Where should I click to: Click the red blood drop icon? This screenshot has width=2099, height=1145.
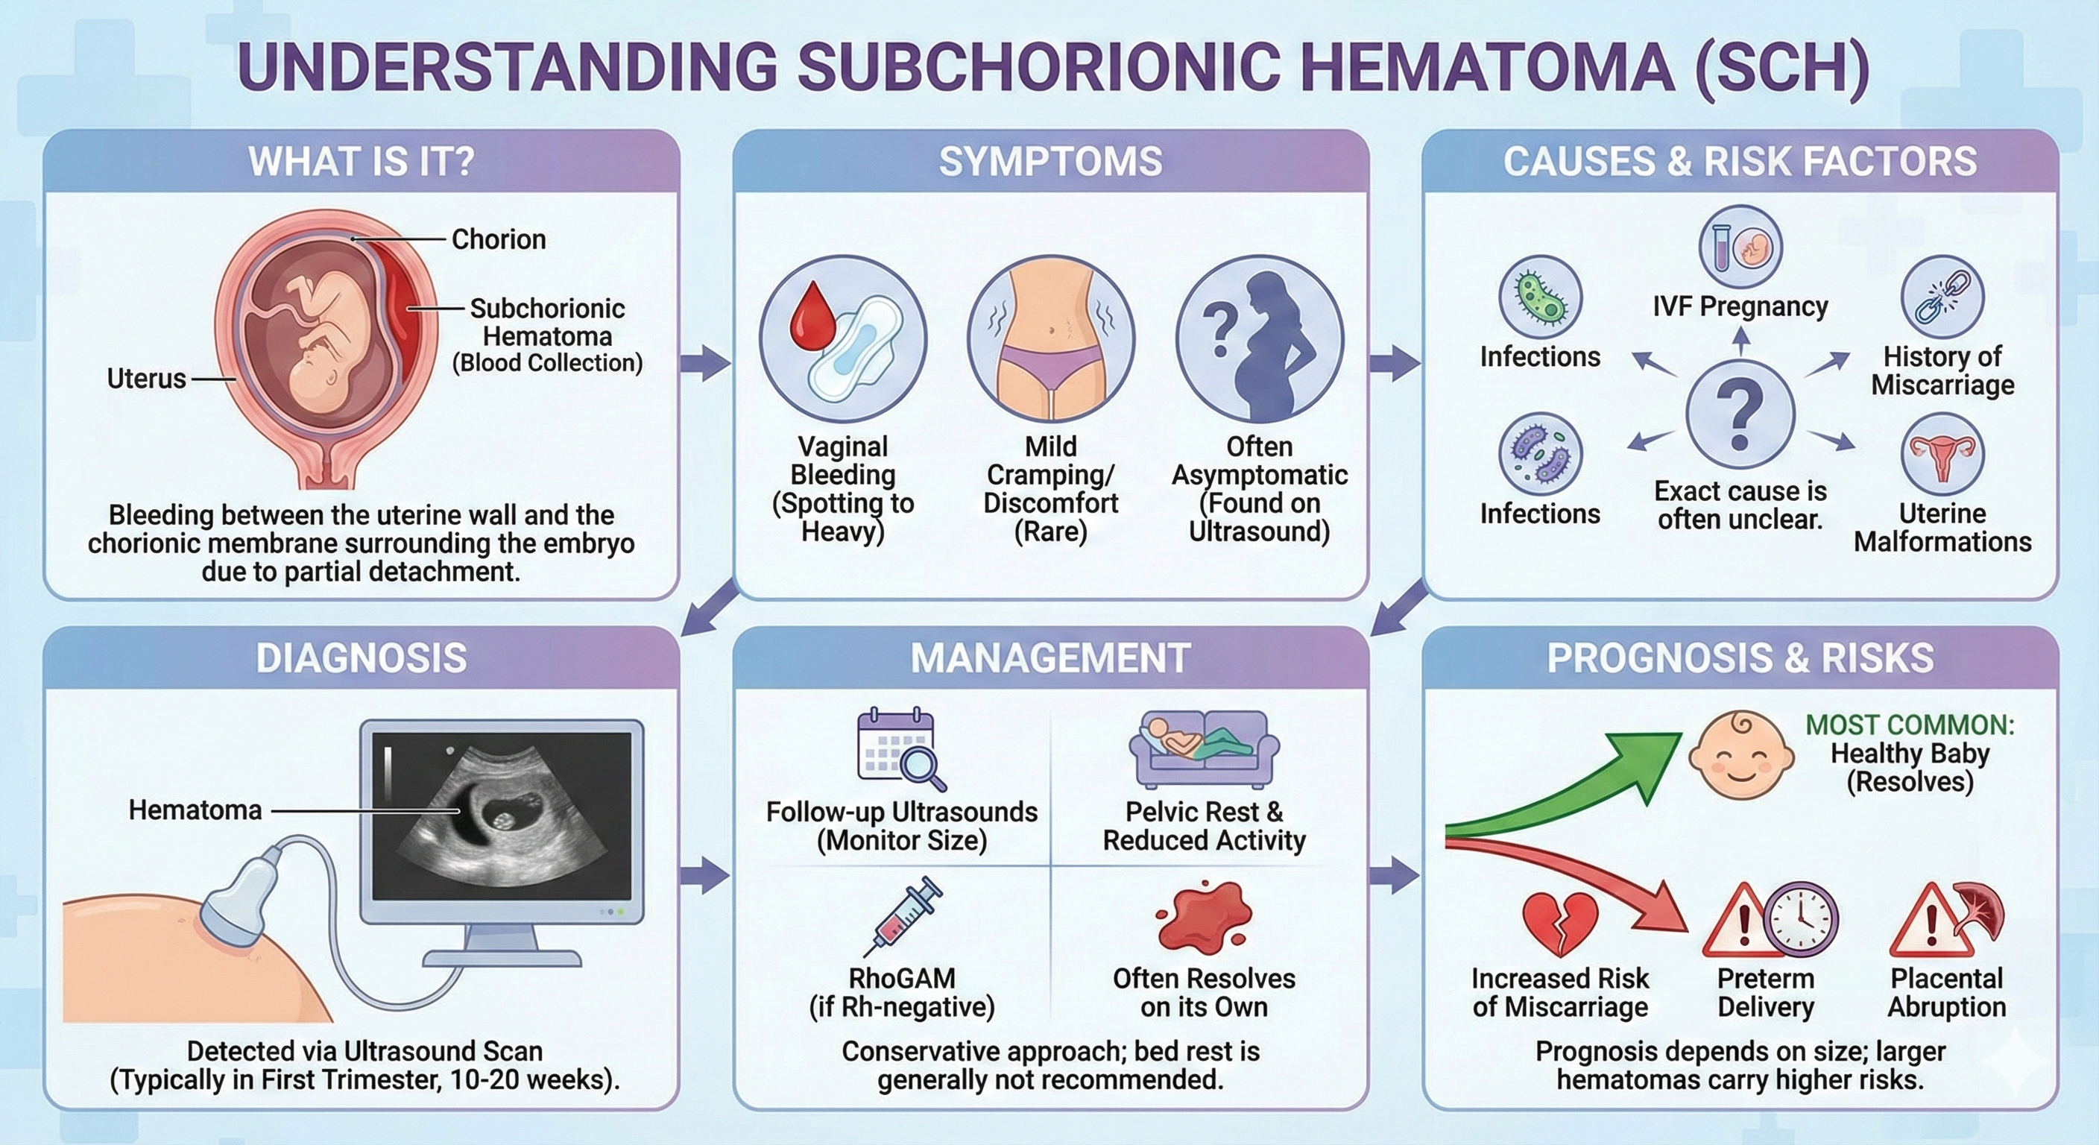coord(812,316)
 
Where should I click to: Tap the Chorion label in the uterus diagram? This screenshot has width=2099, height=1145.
coord(498,239)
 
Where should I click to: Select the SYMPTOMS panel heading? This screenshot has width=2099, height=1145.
coord(1050,161)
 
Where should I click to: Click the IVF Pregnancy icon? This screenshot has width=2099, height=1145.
coord(1740,247)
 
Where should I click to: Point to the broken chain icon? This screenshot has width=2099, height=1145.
coord(1942,297)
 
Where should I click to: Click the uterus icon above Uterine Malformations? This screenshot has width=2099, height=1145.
coord(1942,454)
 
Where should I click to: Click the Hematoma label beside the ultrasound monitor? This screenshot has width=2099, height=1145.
coord(195,810)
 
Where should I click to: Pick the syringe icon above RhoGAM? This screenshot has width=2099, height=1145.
coord(903,916)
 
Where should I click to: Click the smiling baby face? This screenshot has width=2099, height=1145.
coord(1740,754)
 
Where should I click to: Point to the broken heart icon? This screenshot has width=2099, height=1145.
coord(1559,924)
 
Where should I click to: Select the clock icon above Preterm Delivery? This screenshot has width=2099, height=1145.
coord(1801,919)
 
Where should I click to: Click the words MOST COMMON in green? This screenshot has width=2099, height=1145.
coord(1909,725)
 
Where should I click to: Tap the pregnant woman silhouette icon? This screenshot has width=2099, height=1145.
coord(1260,339)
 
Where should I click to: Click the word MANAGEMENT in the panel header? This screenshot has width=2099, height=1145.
coord(1050,658)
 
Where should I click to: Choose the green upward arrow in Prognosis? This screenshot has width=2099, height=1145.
coord(1589,783)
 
